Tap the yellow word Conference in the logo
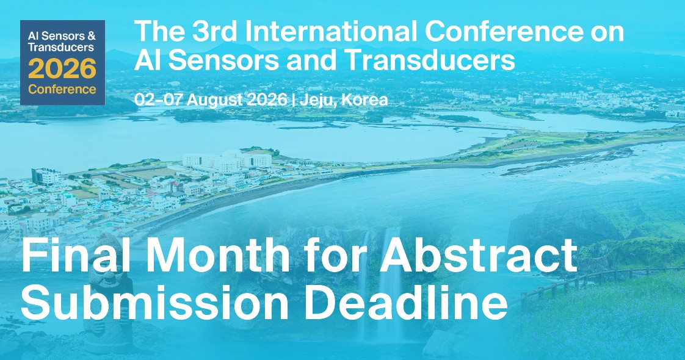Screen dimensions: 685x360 click(x=62, y=90)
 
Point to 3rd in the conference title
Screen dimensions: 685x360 click(x=211, y=31)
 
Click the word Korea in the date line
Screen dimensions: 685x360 click(x=364, y=100)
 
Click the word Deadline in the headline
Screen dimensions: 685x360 click(x=405, y=303)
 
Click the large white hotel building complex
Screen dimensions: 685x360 click(x=227, y=160)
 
